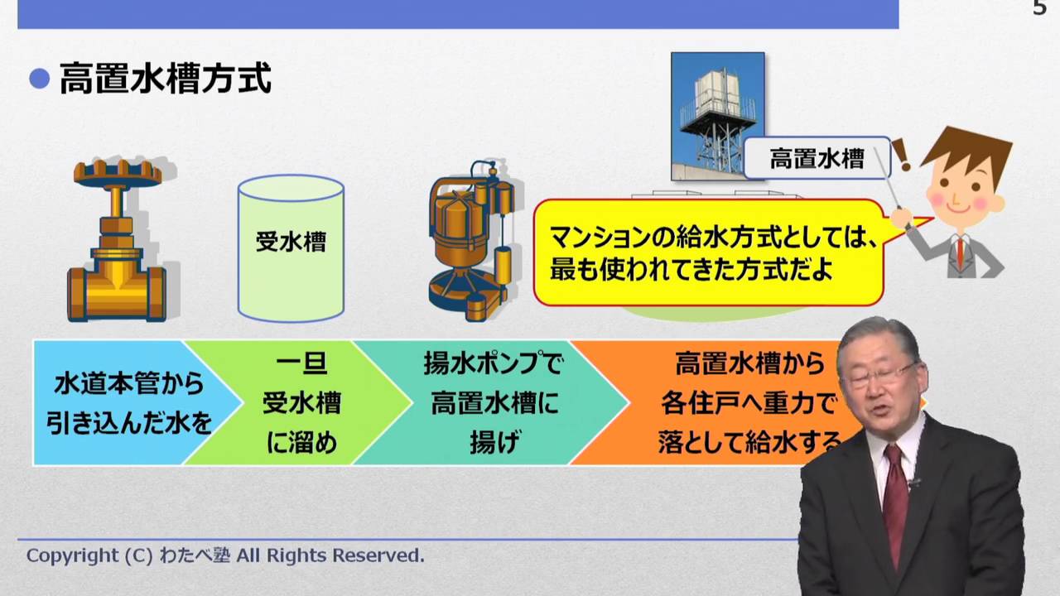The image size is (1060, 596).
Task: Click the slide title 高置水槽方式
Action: point(166,80)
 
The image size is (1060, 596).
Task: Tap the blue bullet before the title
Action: point(40,79)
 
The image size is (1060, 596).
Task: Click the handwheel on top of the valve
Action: point(117,173)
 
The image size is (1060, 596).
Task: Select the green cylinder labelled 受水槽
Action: point(291,248)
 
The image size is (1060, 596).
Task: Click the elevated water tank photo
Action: point(717,115)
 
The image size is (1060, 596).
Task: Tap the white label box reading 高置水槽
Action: point(817,158)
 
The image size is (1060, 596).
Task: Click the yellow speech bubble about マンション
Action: point(708,252)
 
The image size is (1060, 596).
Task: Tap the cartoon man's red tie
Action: point(960,252)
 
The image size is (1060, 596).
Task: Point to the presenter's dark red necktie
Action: point(895,497)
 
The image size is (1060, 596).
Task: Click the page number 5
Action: point(1039,9)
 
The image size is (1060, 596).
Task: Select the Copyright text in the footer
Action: point(225,555)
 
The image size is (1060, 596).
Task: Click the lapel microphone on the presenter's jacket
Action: point(915,482)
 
